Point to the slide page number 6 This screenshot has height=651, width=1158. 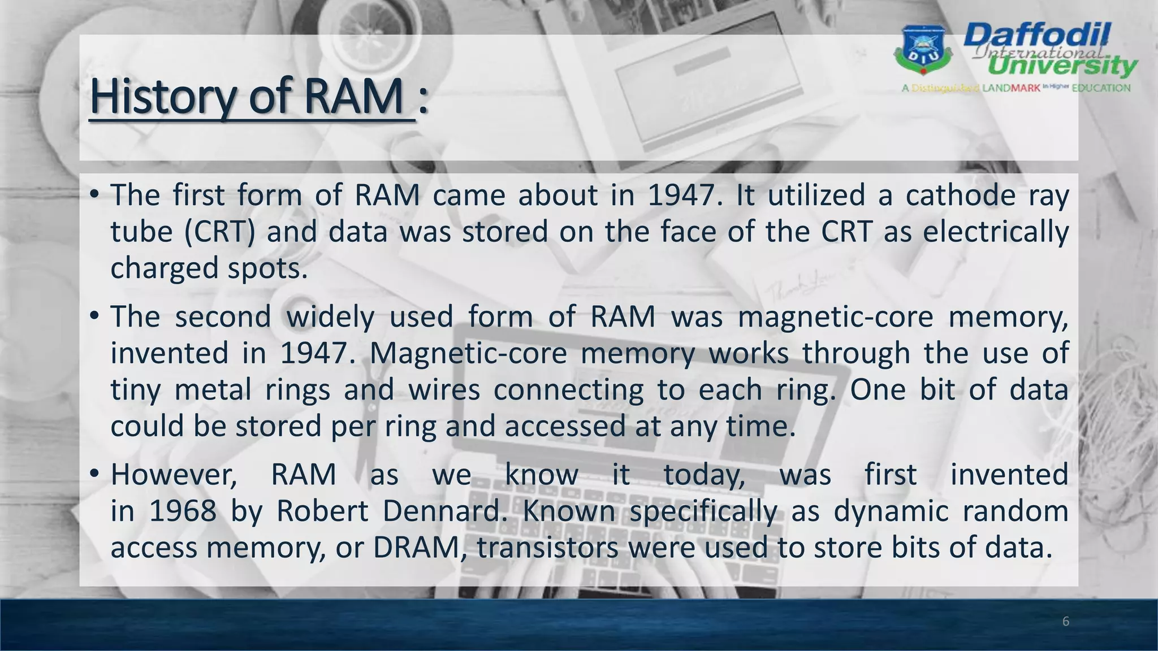click(1066, 622)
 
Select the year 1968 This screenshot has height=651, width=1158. click(183, 511)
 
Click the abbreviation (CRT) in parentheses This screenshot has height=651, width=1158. click(220, 232)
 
